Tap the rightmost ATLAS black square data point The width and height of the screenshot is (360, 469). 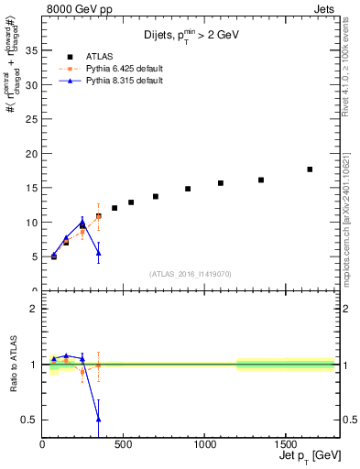pyautogui.click(x=310, y=169)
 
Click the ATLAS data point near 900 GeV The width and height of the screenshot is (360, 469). pyautogui.click(x=188, y=189)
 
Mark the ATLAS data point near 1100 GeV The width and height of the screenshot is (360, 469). pyautogui.click(x=221, y=183)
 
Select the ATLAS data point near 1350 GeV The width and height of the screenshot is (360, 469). pyautogui.click(x=261, y=180)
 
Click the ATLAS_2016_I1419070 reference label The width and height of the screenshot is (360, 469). pyautogui.click(x=191, y=273)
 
